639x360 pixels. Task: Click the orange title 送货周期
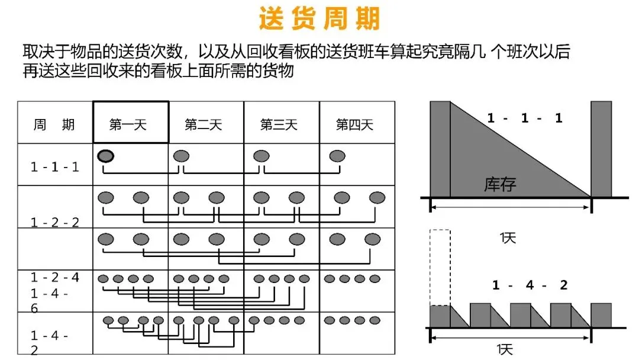[319, 18]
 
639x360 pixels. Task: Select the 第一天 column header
[128, 124]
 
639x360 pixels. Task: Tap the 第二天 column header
[204, 124]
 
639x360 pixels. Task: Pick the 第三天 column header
[279, 124]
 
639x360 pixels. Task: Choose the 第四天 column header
[354, 124]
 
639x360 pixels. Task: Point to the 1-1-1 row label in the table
[54, 167]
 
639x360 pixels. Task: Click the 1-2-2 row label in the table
[54, 222]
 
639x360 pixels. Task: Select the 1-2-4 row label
[54, 277]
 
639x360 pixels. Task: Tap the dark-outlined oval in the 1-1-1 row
[105, 156]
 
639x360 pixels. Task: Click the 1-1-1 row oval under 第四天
[337, 156]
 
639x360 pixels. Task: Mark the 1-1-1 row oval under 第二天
[182, 156]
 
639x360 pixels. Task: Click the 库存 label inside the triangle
[500, 185]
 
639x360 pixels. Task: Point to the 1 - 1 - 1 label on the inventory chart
[525, 118]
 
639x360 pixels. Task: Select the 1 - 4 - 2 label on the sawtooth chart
[530, 285]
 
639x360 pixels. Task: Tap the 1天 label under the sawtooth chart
[505, 349]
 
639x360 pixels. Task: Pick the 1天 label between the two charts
[508, 237]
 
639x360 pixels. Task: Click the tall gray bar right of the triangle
[601, 149]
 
